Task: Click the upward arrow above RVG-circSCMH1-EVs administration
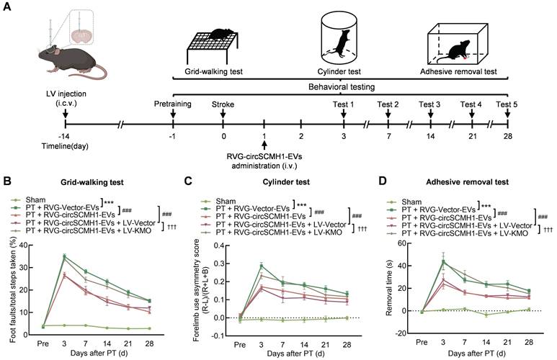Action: [265, 148]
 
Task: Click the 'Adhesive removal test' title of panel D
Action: [468, 184]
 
